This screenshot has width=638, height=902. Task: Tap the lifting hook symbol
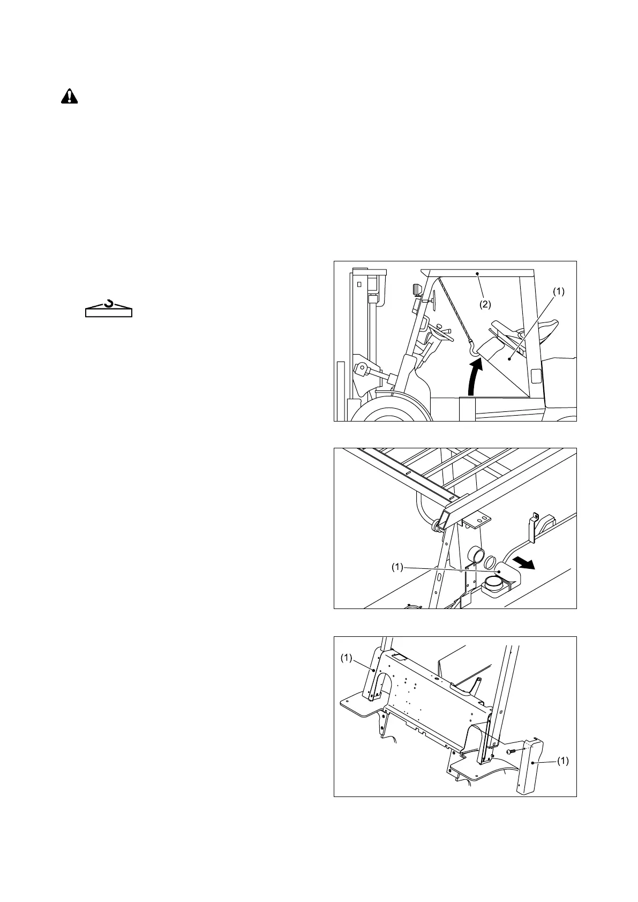click(109, 307)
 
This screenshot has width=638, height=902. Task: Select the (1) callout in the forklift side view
click(559, 292)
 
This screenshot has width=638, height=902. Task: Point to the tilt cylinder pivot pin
click(362, 369)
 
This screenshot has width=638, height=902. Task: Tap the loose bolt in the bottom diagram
click(513, 752)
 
